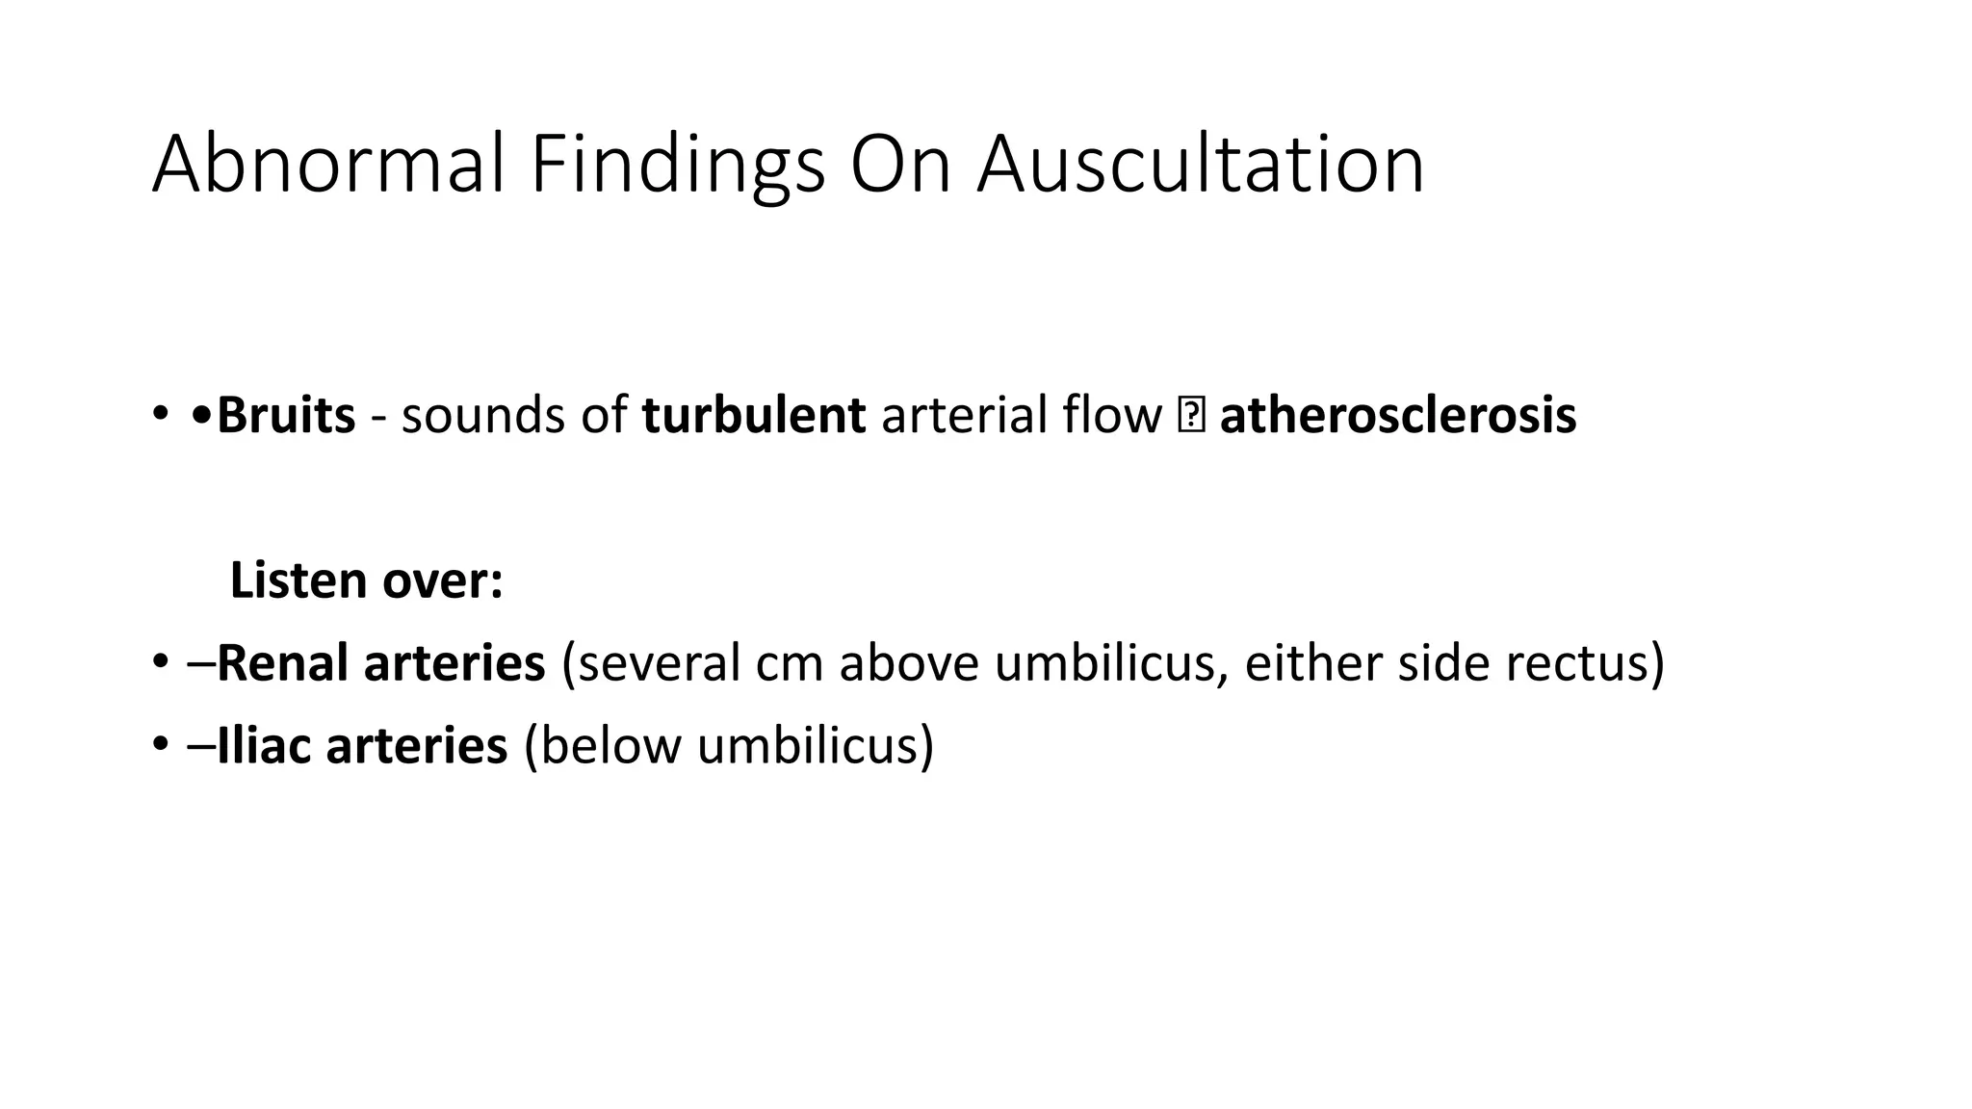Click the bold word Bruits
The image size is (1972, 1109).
(286, 416)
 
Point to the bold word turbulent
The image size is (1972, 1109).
(753, 416)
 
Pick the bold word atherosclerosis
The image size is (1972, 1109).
(1397, 416)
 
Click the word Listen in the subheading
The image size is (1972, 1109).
(298, 580)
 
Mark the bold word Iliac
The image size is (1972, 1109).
(264, 746)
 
